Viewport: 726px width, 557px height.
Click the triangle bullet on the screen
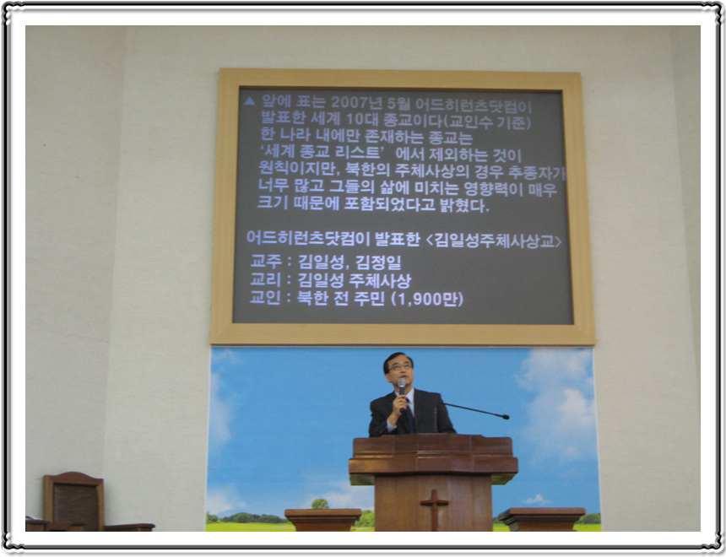click(249, 101)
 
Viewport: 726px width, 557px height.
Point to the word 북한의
click(368, 170)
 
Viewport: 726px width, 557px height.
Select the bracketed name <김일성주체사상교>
click(494, 241)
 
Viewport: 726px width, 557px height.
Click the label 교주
click(266, 261)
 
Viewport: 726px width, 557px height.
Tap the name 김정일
click(378, 262)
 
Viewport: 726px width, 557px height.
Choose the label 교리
click(265, 279)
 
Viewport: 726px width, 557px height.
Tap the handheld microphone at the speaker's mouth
click(402, 389)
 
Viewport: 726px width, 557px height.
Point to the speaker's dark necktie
click(409, 417)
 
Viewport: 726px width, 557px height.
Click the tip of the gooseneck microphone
click(506, 417)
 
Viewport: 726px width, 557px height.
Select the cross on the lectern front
click(434, 509)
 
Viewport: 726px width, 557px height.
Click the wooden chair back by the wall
click(73, 500)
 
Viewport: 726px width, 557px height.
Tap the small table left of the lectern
click(322, 519)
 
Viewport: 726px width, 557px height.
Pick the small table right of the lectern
click(541, 518)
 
